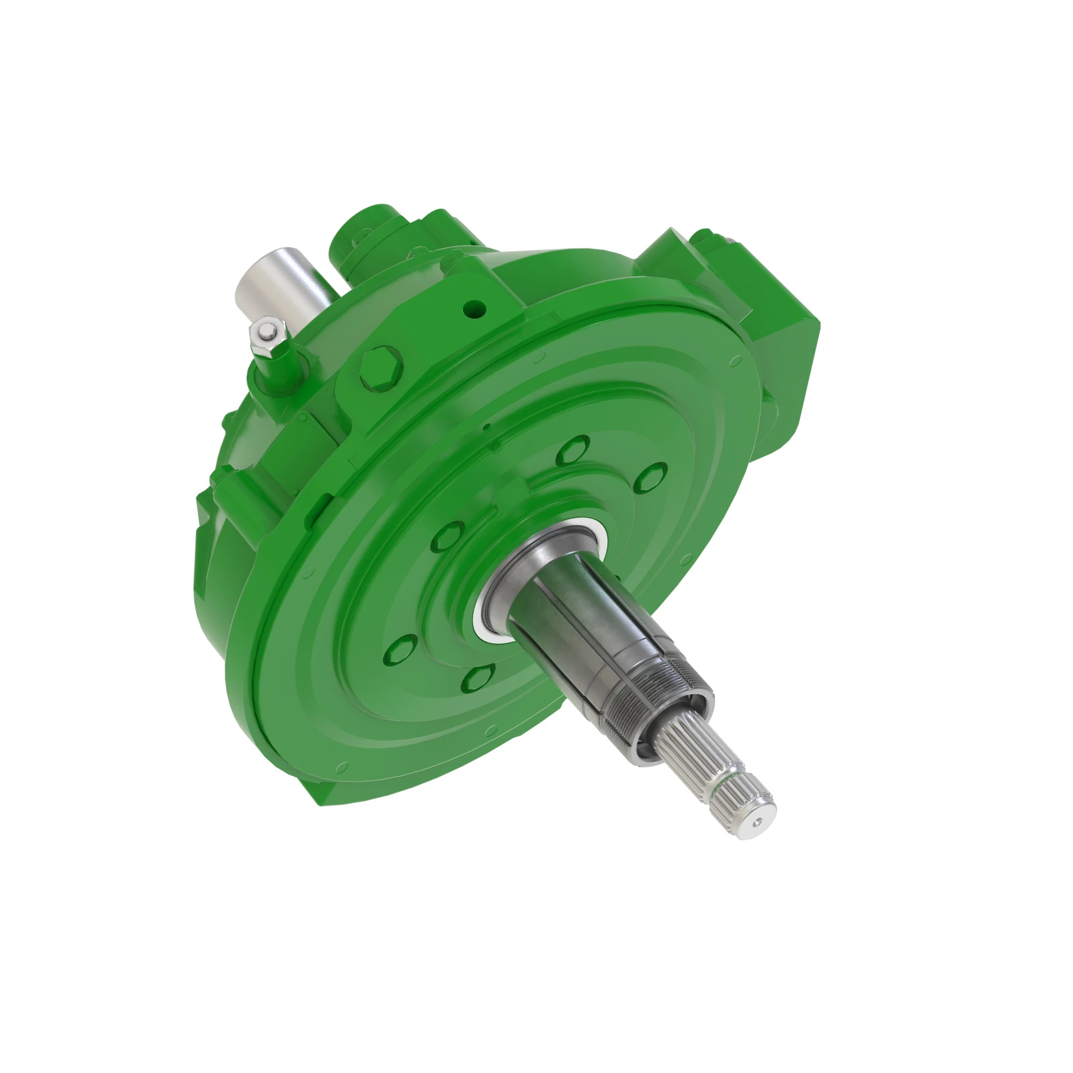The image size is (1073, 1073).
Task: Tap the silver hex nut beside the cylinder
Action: point(268,334)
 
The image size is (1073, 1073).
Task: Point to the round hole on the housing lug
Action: point(474,306)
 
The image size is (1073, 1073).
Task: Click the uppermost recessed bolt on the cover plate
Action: point(572,450)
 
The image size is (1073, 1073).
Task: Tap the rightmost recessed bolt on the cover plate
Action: point(651,477)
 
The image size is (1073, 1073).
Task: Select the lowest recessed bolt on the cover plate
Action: point(479,678)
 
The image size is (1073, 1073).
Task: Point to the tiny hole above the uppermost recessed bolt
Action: point(487,428)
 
